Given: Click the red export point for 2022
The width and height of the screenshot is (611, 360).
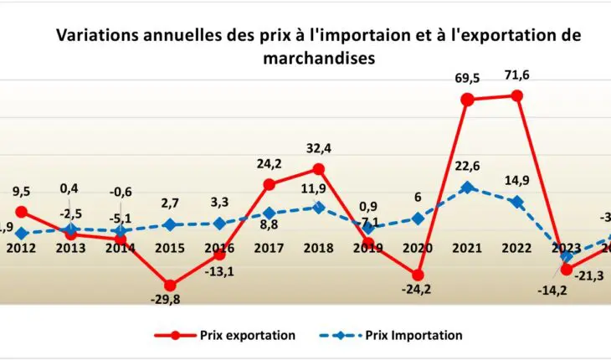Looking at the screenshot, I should pyautogui.click(x=517, y=95).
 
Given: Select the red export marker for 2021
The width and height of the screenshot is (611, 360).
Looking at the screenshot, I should pyautogui.click(x=468, y=100).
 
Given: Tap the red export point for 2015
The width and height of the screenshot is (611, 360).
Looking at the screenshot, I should pyautogui.click(x=170, y=285).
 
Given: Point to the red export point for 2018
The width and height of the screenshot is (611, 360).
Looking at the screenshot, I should pyautogui.click(x=318, y=169).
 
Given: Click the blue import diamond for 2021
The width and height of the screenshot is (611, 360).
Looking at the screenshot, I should pyautogui.click(x=468, y=188).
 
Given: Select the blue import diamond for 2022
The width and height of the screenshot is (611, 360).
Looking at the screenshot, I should pyautogui.click(x=517, y=202).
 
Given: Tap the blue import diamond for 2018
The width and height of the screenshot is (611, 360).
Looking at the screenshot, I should pyautogui.click(x=318, y=207).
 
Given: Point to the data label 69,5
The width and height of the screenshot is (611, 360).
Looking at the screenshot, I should pyautogui.click(x=468, y=78).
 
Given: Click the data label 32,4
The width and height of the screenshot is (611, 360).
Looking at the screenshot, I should pyautogui.click(x=319, y=149).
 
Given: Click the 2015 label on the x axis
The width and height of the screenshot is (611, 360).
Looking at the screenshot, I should pyautogui.click(x=170, y=247).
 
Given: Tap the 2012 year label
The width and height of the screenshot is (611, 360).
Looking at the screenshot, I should pyautogui.click(x=22, y=247).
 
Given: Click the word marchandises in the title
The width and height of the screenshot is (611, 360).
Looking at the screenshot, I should pyautogui.click(x=318, y=59).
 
